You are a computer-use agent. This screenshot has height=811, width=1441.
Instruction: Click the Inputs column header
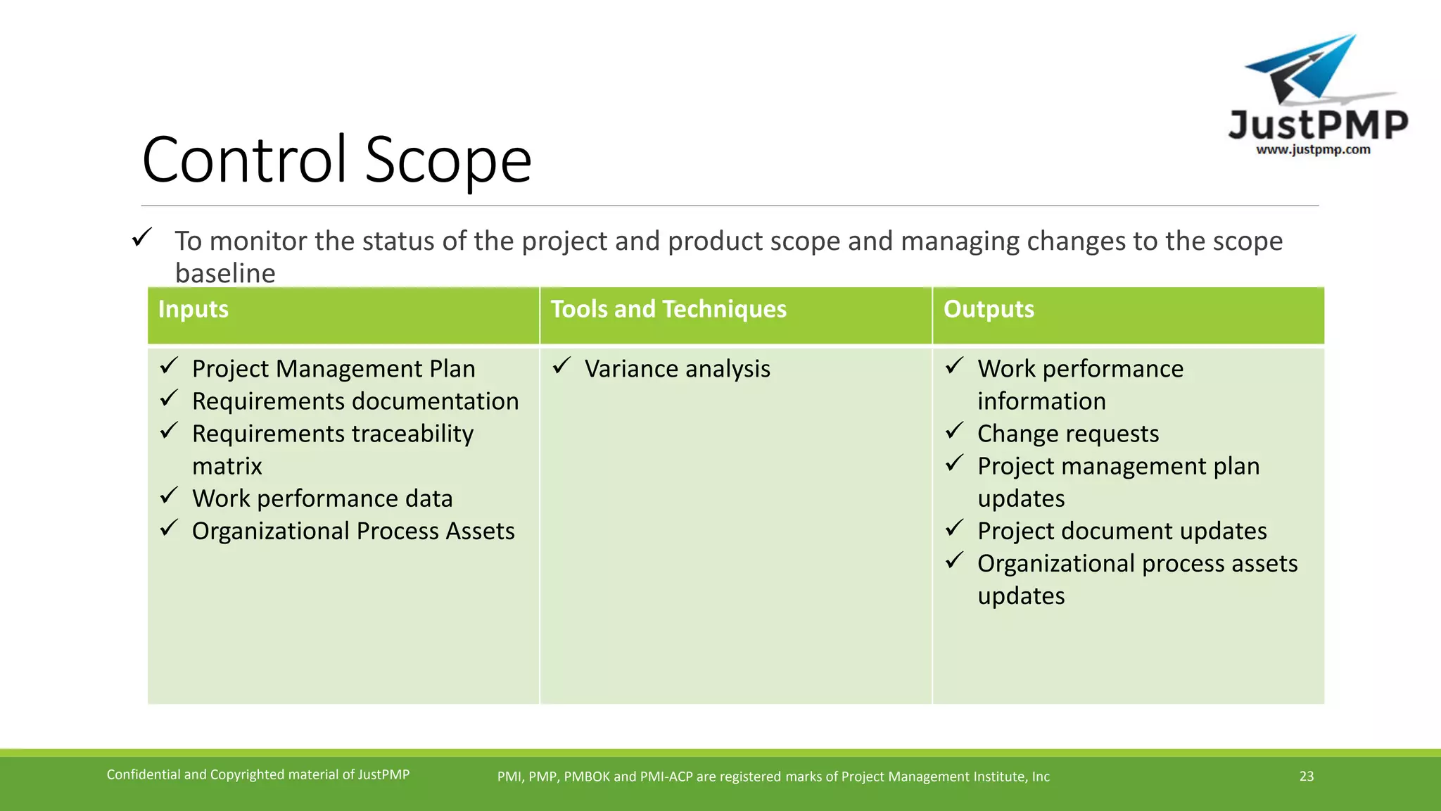point(193,310)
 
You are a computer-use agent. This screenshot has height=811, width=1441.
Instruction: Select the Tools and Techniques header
point(668,310)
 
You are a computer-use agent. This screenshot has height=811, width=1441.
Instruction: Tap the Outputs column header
point(989,310)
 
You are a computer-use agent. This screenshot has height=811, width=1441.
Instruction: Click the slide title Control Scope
point(336,160)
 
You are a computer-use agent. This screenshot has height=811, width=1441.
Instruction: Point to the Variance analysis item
point(677,369)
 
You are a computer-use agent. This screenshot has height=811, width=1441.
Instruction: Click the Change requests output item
point(1067,434)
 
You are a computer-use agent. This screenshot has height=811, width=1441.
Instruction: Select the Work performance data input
point(322,498)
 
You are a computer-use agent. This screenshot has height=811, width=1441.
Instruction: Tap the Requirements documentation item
point(355,401)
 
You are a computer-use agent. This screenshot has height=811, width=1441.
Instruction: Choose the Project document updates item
point(1122,531)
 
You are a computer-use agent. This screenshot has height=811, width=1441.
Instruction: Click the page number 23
point(1307,776)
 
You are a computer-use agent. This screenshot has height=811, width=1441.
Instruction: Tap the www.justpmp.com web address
point(1313,149)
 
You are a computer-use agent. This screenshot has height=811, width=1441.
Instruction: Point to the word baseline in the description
point(225,273)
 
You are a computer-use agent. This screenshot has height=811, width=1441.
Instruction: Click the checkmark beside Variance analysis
point(561,366)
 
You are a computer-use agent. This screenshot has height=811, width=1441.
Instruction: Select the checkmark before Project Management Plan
point(168,366)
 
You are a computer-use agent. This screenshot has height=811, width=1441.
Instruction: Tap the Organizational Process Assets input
point(353,531)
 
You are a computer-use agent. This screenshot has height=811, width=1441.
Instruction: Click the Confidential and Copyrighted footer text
point(258,774)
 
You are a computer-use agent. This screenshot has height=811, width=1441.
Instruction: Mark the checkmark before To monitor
point(141,237)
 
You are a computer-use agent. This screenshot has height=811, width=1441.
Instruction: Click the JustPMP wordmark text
point(1318,125)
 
